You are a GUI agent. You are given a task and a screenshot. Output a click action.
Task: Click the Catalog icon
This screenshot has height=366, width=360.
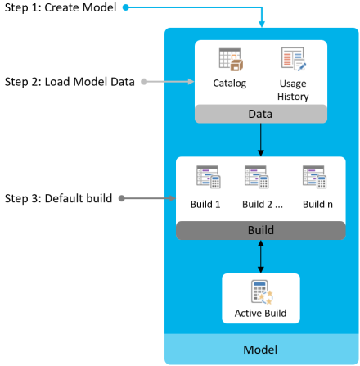(231, 60)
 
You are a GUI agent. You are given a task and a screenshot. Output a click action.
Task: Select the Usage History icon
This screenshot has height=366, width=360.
(294, 59)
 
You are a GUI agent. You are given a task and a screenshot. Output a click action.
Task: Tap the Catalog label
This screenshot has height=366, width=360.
(230, 84)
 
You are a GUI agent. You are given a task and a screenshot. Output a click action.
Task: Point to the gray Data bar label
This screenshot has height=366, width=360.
(260, 114)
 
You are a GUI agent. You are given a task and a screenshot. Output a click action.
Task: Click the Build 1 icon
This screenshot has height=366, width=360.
(209, 177)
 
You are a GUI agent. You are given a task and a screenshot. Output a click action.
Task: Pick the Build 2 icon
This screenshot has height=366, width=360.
(257, 177)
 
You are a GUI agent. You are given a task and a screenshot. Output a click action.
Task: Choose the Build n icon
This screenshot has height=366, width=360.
(314, 177)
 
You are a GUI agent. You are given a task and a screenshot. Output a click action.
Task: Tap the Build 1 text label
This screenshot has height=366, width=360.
(205, 204)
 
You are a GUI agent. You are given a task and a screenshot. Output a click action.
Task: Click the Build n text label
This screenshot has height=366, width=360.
(317, 204)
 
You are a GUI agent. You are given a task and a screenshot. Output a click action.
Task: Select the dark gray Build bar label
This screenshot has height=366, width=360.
(261, 230)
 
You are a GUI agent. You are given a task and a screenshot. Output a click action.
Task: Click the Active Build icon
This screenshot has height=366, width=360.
(262, 292)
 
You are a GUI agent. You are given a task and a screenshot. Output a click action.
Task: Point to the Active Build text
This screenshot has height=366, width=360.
(260, 313)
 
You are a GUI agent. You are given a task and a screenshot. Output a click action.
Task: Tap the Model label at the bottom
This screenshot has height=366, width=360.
(260, 350)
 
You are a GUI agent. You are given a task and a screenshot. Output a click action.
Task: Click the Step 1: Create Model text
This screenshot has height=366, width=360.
(61, 7)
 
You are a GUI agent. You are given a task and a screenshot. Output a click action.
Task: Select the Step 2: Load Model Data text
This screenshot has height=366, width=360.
(70, 82)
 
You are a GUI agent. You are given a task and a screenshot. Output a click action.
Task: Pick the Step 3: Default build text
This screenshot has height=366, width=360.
(58, 198)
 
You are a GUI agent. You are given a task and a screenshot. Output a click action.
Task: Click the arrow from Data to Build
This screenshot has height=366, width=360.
(261, 140)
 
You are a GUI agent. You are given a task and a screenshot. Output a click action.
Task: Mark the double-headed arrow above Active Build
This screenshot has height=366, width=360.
(261, 256)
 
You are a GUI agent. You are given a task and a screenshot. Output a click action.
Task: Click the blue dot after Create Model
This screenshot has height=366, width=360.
(125, 7)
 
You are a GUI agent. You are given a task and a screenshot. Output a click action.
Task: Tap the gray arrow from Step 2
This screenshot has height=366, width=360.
(168, 82)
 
